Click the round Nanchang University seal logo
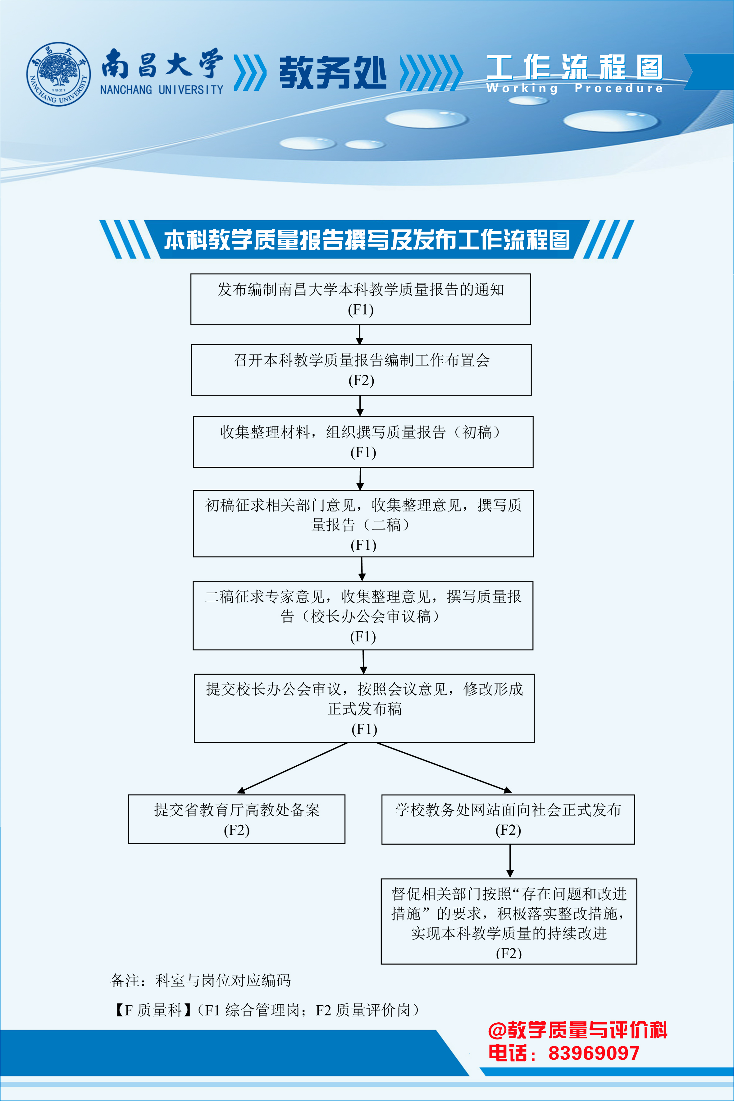click(x=58, y=74)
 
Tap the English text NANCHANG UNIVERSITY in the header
click(x=162, y=89)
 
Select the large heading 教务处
click(x=333, y=73)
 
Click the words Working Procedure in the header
click(x=574, y=88)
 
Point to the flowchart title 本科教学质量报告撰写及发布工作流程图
click(x=367, y=240)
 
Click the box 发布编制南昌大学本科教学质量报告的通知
click(x=360, y=299)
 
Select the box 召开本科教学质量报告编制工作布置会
click(x=361, y=370)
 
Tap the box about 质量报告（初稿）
click(x=363, y=442)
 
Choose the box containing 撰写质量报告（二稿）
click(x=363, y=524)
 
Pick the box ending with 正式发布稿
click(x=364, y=708)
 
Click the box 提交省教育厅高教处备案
click(x=236, y=819)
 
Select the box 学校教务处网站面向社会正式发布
click(x=508, y=819)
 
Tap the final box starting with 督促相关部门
click(x=509, y=921)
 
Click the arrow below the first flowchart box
click(x=359, y=334)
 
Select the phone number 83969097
click(x=594, y=1053)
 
